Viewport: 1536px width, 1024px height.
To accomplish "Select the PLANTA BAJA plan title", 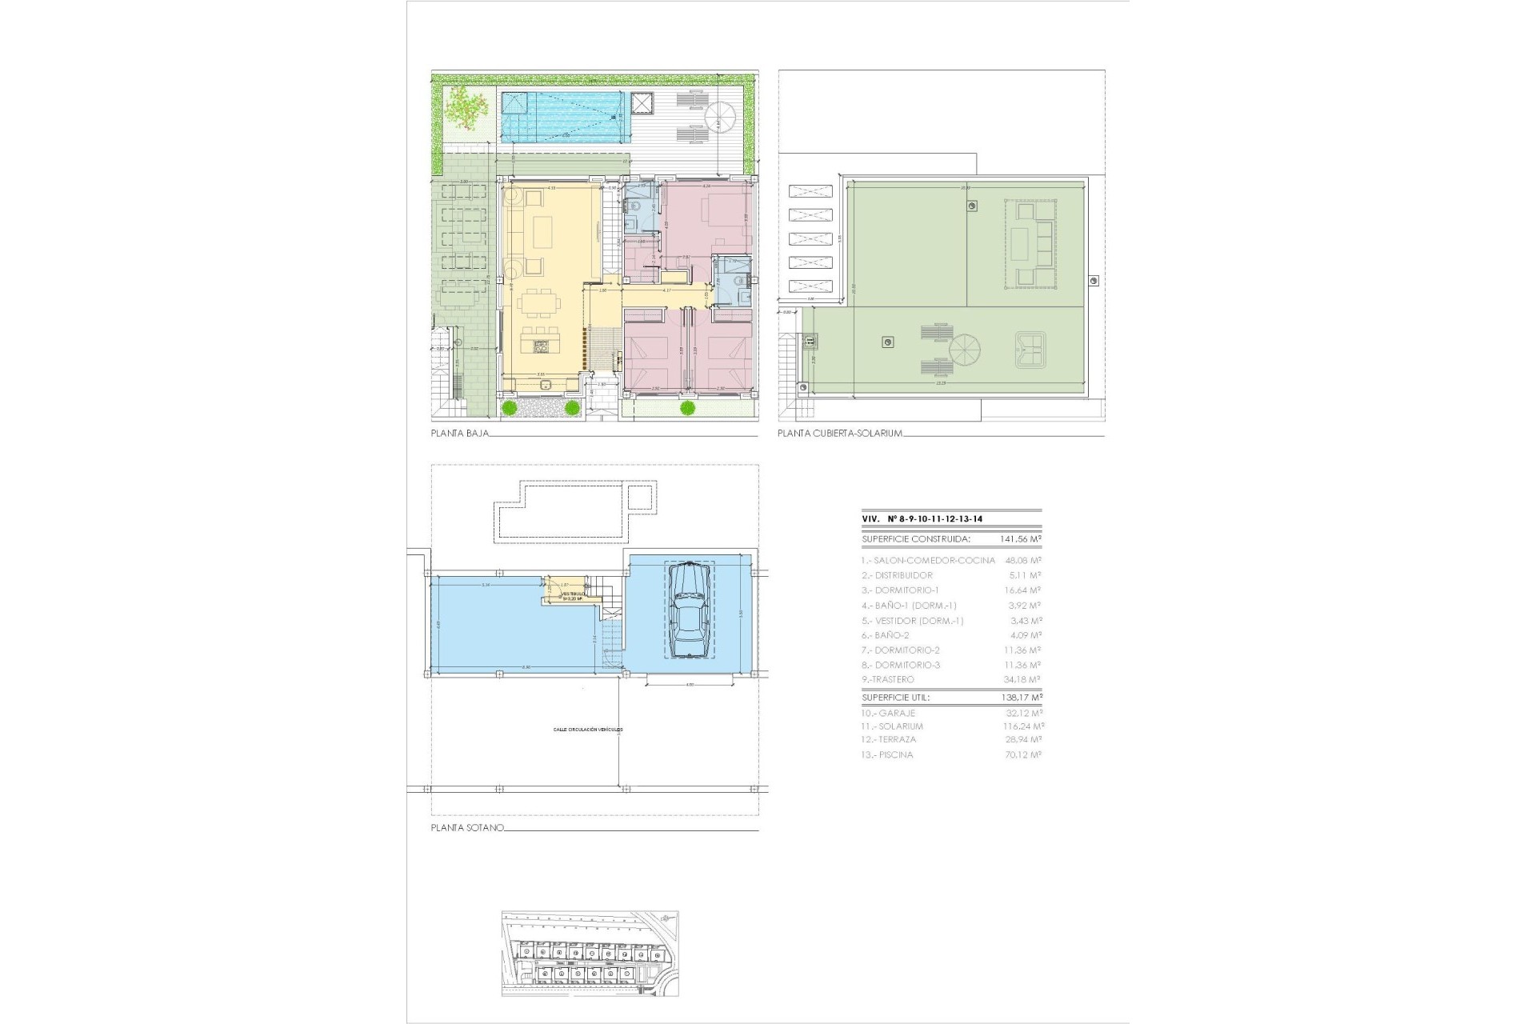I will point(459,434).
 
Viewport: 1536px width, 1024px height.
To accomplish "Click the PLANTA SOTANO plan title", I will point(467,828).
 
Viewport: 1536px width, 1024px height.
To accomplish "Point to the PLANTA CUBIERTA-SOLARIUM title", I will point(840,434).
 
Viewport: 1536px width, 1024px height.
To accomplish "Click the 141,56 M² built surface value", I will point(1020,539).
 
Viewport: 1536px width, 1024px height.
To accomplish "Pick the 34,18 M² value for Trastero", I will point(1024,679).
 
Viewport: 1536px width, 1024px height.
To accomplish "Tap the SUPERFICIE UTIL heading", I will point(896,698).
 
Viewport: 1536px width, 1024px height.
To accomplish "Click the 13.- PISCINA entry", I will point(886,754).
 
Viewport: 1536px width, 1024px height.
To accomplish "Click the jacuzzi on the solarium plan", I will point(1030,349).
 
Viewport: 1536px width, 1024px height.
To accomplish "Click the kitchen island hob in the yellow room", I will point(540,347).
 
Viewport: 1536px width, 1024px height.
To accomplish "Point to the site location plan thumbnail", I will point(590,953).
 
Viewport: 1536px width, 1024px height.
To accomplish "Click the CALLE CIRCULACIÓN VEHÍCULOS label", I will point(587,730).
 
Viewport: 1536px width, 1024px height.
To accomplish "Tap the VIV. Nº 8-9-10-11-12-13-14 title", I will point(922,519).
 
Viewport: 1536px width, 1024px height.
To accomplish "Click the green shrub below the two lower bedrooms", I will point(686,409).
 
